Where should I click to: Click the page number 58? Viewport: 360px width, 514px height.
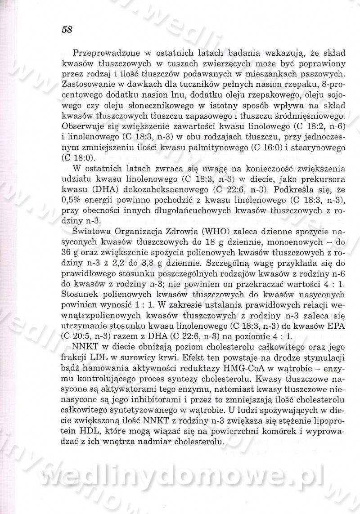point(66,30)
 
